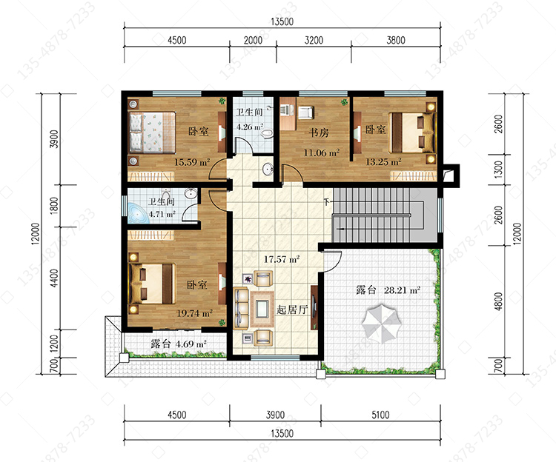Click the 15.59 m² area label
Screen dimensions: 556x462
click(192, 162)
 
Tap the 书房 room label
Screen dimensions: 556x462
click(319, 133)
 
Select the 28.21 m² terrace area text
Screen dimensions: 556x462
click(402, 290)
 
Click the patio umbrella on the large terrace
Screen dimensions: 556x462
click(382, 323)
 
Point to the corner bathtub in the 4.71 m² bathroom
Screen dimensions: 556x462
click(139, 212)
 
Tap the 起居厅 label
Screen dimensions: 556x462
click(292, 309)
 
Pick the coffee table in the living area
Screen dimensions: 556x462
click(262, 309)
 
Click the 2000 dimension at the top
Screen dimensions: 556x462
click(253, 40)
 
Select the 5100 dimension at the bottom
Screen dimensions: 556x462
click(380, 415)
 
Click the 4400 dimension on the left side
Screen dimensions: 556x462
click(54, 278)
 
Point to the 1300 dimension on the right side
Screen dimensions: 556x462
click(499, 170)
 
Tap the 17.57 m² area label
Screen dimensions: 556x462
click(282, 259)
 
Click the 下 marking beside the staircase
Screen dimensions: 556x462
click(327, 202)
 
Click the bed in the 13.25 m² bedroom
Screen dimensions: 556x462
click(412, 133)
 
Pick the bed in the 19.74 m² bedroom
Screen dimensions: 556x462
click(152, 284)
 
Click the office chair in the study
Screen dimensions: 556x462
click(305, 113)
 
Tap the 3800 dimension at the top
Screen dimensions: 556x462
click(396, 40)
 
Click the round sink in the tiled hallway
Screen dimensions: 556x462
click(268, 170)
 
